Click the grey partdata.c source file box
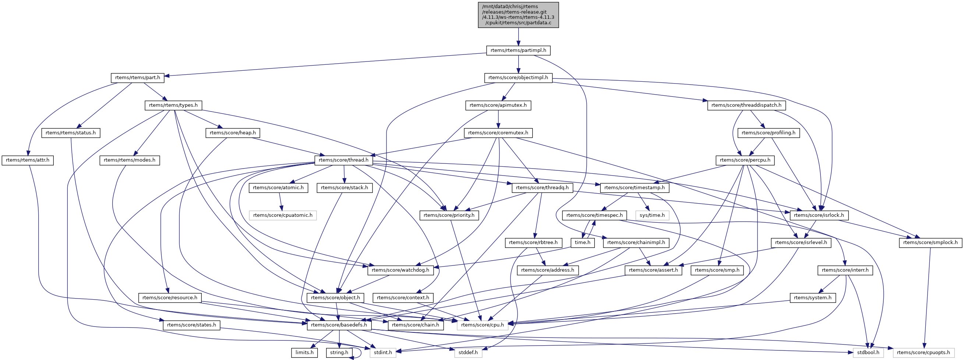point(518,15)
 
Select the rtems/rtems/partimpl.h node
point(518,50)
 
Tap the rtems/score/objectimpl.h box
point(518,77)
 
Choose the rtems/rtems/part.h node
point(138,77)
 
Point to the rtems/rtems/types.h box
point(173,105)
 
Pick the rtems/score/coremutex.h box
point(498,133)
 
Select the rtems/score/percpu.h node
point(745,160)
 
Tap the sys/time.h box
point(652,215)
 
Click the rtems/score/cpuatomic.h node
point(283,215)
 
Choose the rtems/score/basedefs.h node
point(339,325)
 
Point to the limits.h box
point(305,353)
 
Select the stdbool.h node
point(869,353)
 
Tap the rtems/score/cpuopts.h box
point(924,353)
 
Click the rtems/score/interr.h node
point(845,270)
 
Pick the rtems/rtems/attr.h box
point(28,160)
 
